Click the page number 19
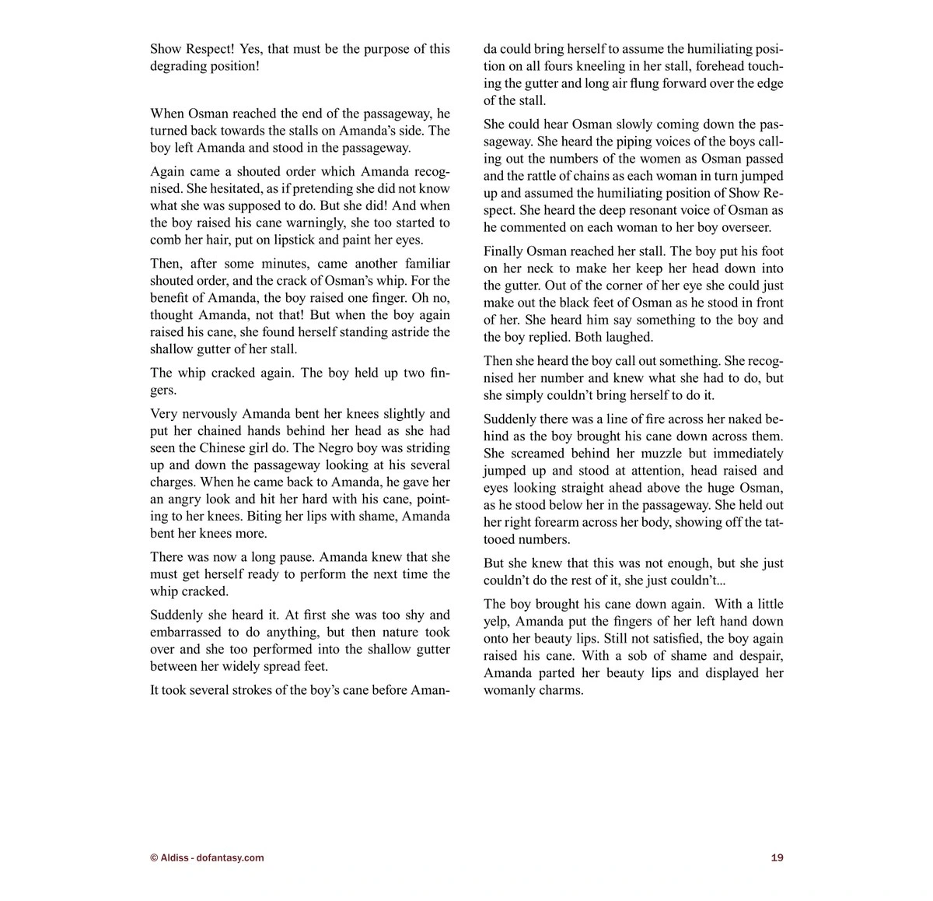pyautogui.click(x=777, y=858)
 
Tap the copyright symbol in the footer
pyautogui.click(x=153, y=858)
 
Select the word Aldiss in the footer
pyautogui.click(x=174, y=858)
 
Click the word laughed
pyautogui.click(x=629, y=337)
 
